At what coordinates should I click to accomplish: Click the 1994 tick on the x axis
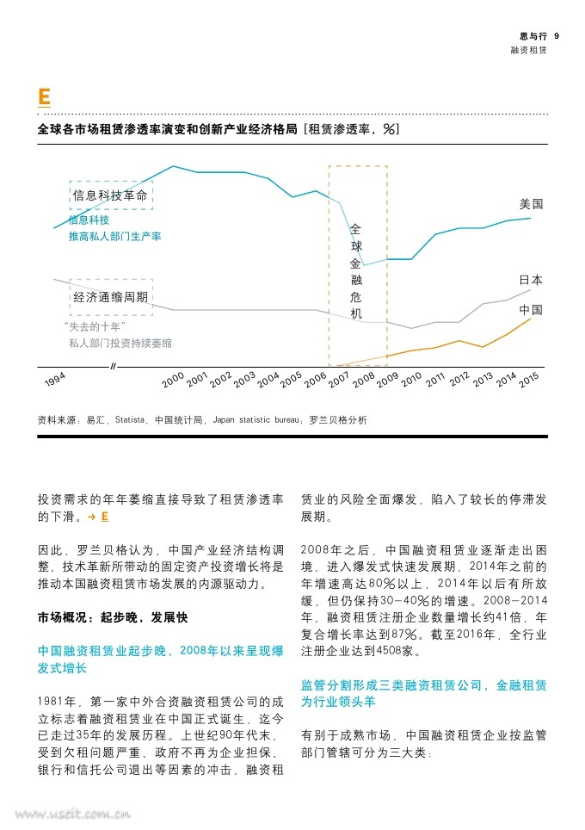(55, 379)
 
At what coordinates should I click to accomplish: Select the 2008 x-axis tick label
(363, 380)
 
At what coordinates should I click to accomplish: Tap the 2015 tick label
(528, 380)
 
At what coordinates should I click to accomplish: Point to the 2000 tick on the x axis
(173, 380)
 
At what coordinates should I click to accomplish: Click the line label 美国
(531, 204)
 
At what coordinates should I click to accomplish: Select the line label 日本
(531, 280)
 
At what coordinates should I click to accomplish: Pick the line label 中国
(531, 310)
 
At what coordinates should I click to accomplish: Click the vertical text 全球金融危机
(356, 271)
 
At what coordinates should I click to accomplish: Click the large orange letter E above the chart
(45, 97)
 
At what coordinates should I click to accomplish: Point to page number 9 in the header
(557, 36)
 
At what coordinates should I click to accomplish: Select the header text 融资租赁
(528, 50)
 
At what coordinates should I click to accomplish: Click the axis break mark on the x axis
(113, 366)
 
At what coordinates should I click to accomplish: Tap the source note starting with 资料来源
(202, 420)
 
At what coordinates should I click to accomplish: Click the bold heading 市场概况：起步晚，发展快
(113, 617)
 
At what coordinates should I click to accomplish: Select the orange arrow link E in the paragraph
(98, 517)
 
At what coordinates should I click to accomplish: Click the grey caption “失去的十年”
(95, 326)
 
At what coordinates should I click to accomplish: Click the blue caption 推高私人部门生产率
(114, 237)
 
